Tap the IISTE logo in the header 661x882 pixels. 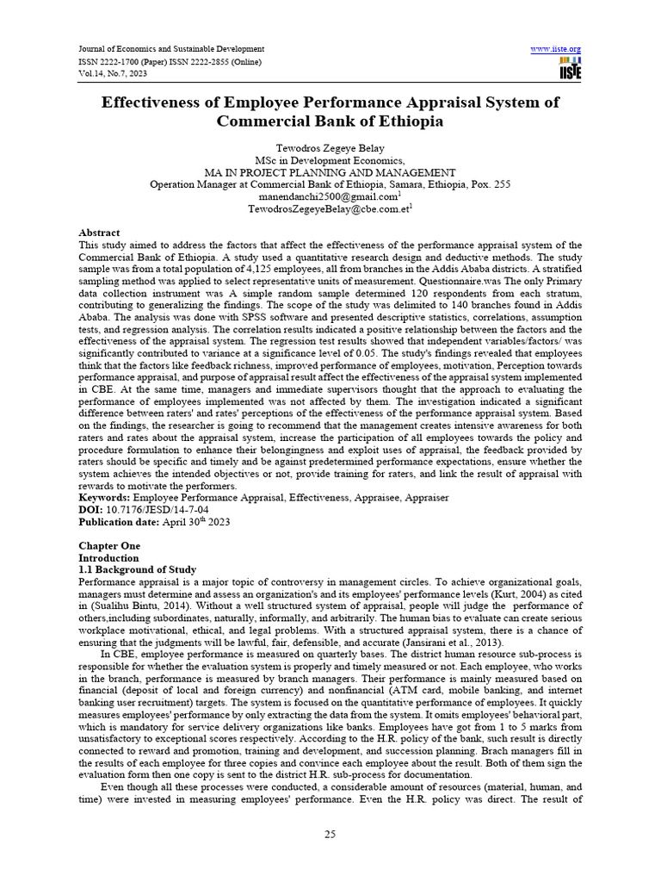click(x=570, y=70)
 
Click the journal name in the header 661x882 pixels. click(x=171, y=49)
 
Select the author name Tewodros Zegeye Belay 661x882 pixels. click(x=330, y=148)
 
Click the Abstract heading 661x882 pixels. click(x=99, y=233)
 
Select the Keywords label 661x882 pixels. click(x=105, y=497)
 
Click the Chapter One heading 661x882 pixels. click(x=109, y=546)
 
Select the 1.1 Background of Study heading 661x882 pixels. click(x=138, y=569)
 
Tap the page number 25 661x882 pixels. click(x=330, y=834)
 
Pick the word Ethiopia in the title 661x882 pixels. click(x=411, y=121)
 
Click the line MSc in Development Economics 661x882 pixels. click(x=330, y=160)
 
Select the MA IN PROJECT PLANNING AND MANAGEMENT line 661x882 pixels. click(x=330, y=172)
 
